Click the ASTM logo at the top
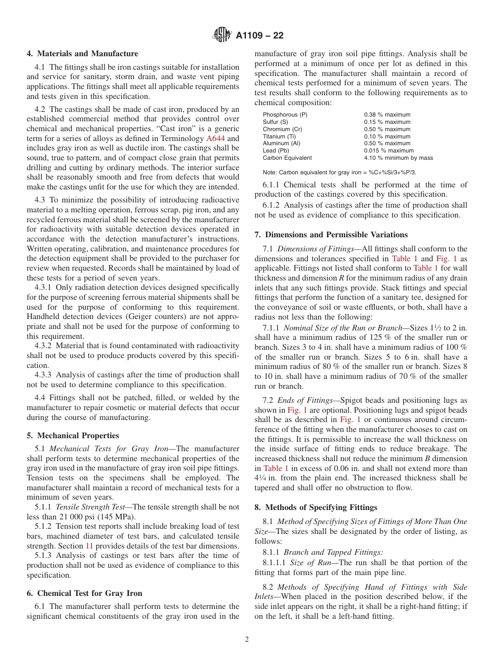click(x=222, y=35)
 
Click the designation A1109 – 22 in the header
click(x=259, y=36)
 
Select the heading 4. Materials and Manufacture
click(x=83, y=54)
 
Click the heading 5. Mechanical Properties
click(x=73, y=436)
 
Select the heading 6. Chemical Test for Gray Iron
click(x=84, y=593)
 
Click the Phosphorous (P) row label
click(x=284, y=115)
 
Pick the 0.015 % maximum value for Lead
click(x=388, y=150)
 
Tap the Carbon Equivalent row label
click(x=287, y=158)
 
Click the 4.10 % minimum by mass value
click(x=398, y=158)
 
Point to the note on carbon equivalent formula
click(x=339, y=172)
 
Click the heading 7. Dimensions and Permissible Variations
click(x=331, y=235)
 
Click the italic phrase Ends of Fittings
click(x=304, y=400)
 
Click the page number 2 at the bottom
click(x=247, y=640)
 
